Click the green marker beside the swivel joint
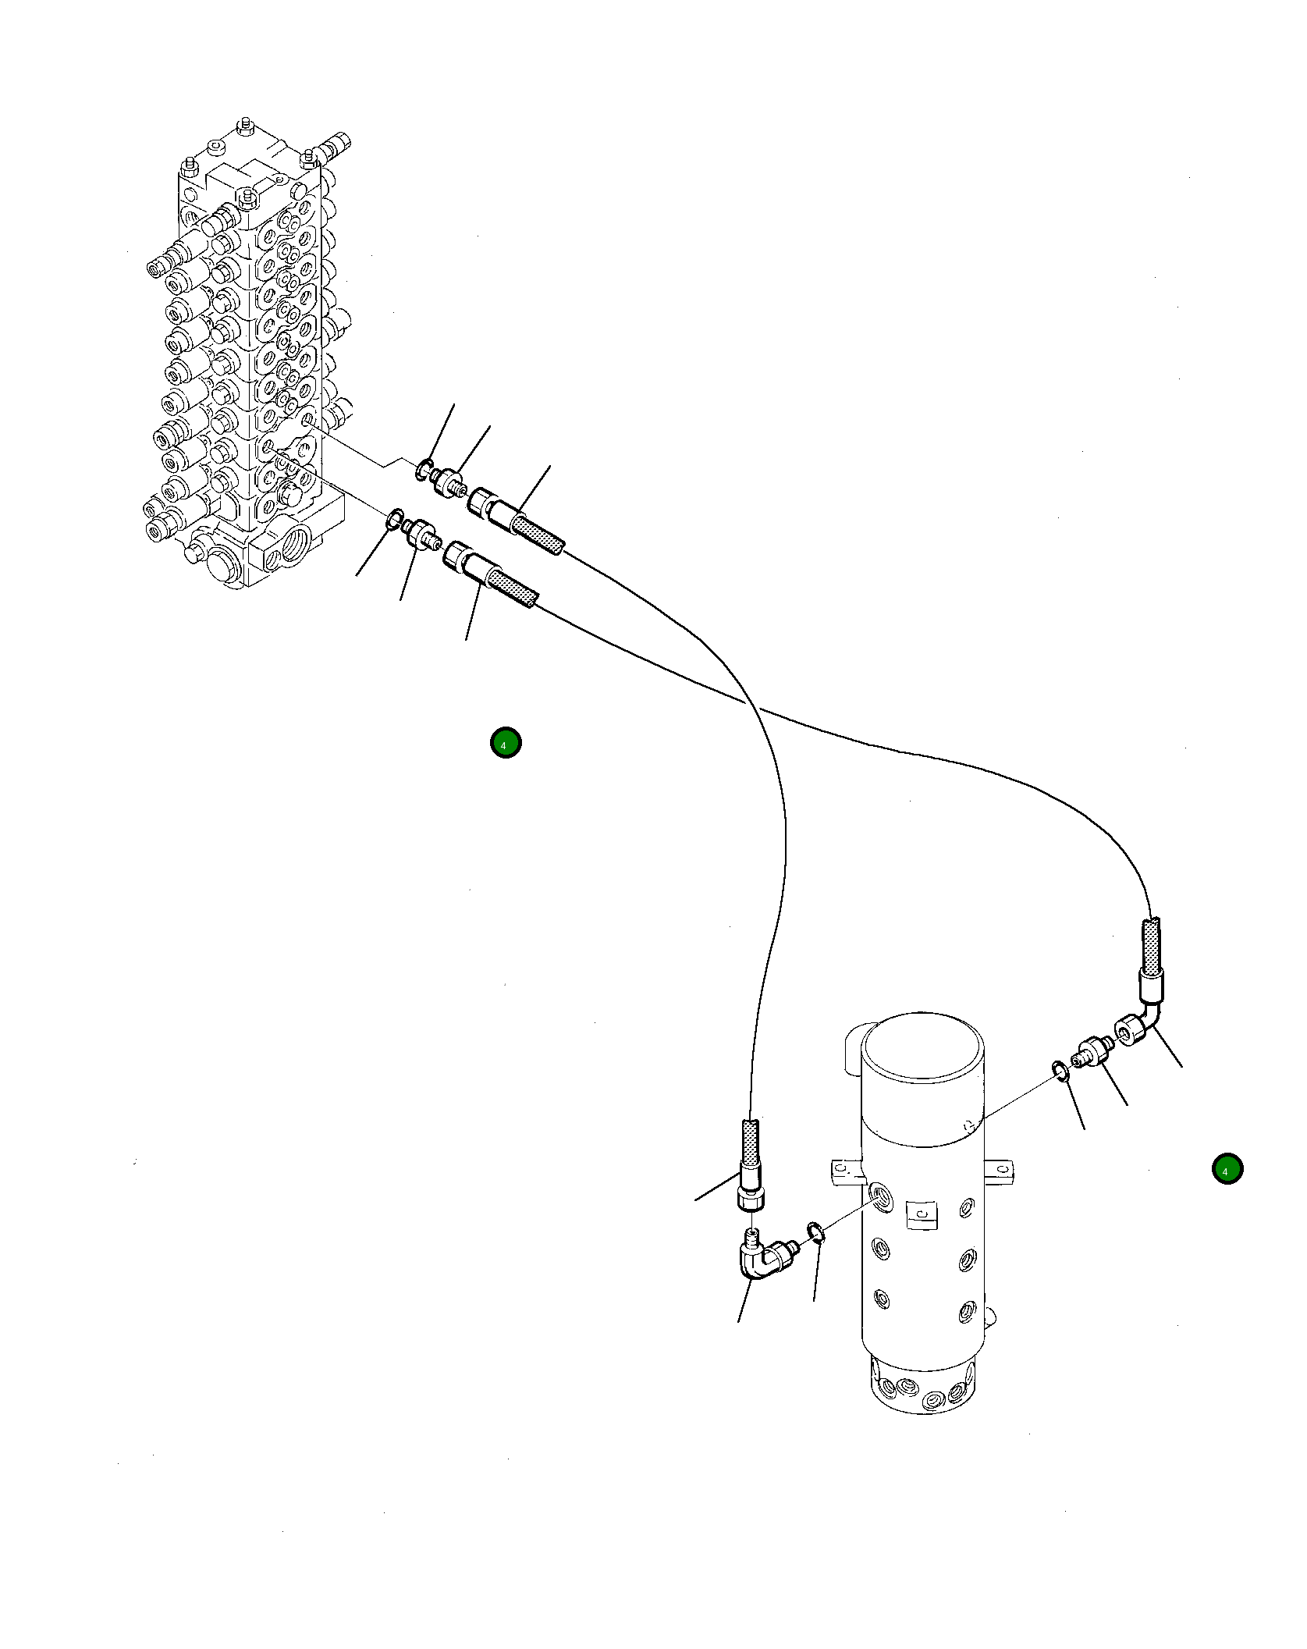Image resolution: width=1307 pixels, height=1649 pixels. [1227, 1192]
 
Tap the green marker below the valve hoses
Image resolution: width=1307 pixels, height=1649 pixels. [505, 744]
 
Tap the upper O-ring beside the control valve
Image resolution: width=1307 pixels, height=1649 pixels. [422, 470]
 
